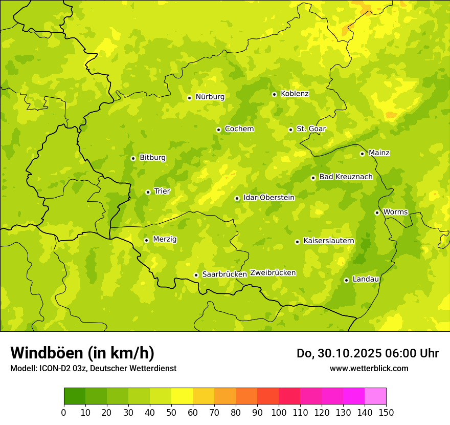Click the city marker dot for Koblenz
click(x=274, y=94)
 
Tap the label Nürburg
click(x=210, y=97)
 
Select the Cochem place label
click(x=239, y=129)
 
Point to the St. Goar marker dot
click(x=290, y=130)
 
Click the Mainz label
click(x=379, y=153)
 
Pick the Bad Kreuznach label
click(x=346, y=177)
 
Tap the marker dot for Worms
click(x=377, y=213)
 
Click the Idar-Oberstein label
click(x=268, y=198)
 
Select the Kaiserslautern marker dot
click(x=297, y=242)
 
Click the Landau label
click(x=366, y=280)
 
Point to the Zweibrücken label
click(x=273, y=273)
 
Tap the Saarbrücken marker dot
click(x=196, y=275)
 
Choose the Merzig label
click(x=165, y=240)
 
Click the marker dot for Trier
click(x=148, y=192)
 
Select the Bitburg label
click(x=152, y=158)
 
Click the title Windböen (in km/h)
click(x=82, y=353)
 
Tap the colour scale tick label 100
click(x=279, y=412)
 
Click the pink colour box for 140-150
click(x=375, y=396)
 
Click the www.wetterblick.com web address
click(x=369, y=368)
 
